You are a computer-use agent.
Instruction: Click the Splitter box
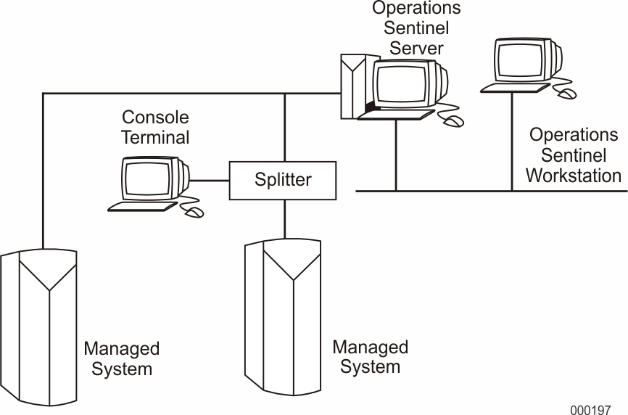coord(283,180)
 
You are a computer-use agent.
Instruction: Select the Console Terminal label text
coord(154,127)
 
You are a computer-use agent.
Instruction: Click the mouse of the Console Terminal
coord(194,212)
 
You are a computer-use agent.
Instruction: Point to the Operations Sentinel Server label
coord(416,28)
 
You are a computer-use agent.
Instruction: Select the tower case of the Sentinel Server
coord(352,87)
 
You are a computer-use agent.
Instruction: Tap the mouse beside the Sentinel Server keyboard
coord(453,121)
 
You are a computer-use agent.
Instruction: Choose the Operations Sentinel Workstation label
coord(573,155)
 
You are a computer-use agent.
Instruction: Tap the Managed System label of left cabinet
coord(121,358)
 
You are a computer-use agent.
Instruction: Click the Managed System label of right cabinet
coord(370,356)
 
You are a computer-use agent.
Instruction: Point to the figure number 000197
coord(590,409)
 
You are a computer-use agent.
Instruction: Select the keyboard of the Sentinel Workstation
coord(515,88)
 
